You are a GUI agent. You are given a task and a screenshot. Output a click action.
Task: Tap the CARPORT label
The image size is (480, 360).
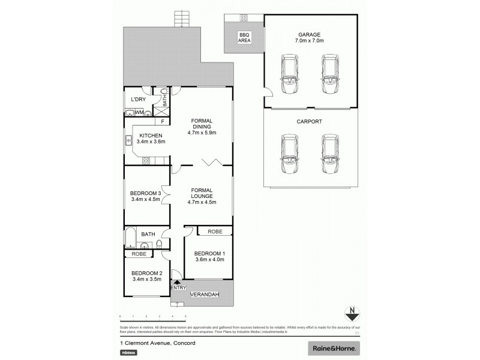[310, 122]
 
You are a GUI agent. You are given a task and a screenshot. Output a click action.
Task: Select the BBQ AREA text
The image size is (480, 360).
[244, 38]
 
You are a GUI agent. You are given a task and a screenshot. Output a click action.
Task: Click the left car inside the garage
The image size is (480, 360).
[289, 74]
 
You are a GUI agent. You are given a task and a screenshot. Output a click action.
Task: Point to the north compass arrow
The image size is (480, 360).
[353, 313]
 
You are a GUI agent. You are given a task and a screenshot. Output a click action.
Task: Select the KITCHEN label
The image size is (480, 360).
[151, 136]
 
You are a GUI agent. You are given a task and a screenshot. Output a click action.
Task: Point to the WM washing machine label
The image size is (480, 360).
[139, 112]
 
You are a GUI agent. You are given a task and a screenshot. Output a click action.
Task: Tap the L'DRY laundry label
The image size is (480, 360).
[139, 99]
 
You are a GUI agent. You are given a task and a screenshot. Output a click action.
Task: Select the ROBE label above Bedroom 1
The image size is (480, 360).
[215, 232]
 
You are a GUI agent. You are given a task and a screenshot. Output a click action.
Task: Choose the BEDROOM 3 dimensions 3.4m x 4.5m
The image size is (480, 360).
[145, 200]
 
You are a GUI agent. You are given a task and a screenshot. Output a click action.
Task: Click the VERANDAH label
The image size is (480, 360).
[204, 295]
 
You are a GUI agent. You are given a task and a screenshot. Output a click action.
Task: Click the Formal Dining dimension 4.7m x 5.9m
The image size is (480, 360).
[202, 133]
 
